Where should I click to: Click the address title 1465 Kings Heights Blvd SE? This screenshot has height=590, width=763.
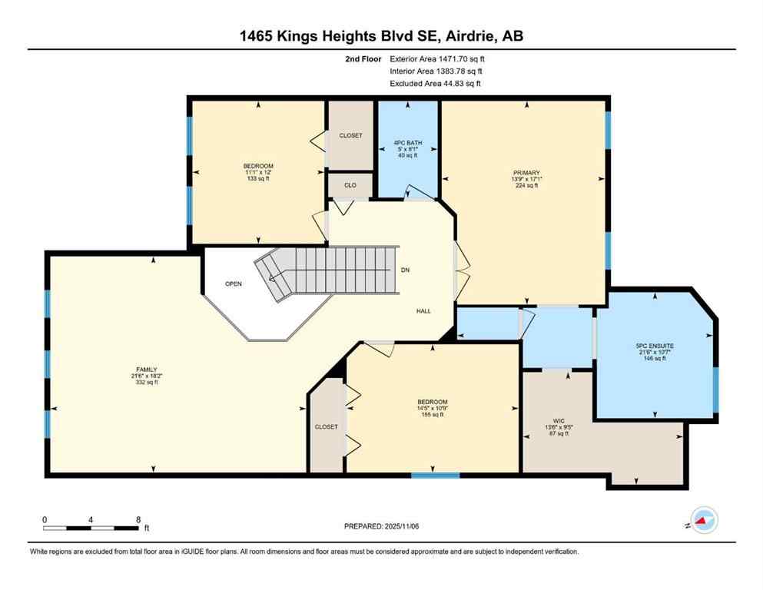[x=381, y=35]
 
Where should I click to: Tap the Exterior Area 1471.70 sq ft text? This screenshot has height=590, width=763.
[x=437, y=58]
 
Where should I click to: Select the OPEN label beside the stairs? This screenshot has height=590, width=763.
[x=234, y=284]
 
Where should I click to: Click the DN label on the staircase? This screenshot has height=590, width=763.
[x=406, y=270]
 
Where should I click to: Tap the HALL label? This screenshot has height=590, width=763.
[x=423, y=311]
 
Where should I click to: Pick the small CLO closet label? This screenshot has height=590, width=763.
[x=350, y=184]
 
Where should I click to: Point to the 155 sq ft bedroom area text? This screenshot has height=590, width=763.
[x=432, y=415]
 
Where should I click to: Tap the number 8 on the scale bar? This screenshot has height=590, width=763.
[x=137, y=519]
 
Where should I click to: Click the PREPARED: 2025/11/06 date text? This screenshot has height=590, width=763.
[x=382, y=526]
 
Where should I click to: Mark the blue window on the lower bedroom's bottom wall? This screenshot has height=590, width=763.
[x=435, y=475]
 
